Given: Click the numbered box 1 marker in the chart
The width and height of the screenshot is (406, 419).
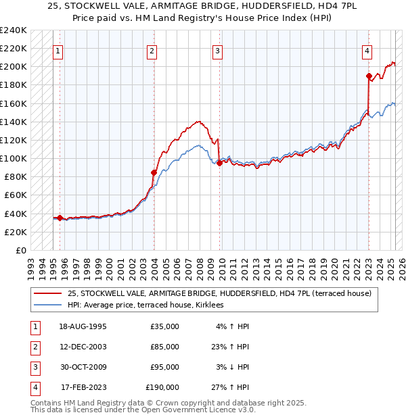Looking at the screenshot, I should point(59,50).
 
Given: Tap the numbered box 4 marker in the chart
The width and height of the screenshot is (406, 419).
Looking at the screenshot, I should point(366,50).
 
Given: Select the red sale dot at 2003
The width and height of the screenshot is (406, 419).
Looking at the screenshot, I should point(154,172).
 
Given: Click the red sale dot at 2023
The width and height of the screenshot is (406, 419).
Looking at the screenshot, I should point(369,76).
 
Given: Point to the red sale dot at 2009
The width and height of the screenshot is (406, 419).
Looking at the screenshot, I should point(220,163).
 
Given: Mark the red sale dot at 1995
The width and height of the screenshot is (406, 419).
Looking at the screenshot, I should point(60,218).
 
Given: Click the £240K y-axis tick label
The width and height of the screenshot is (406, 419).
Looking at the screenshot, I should point(13,30).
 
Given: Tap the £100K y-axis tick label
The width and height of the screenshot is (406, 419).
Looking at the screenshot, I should point(13,158).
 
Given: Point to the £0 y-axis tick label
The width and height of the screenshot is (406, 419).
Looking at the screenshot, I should point(21,250).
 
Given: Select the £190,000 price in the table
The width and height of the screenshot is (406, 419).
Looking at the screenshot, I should point(162,387).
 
